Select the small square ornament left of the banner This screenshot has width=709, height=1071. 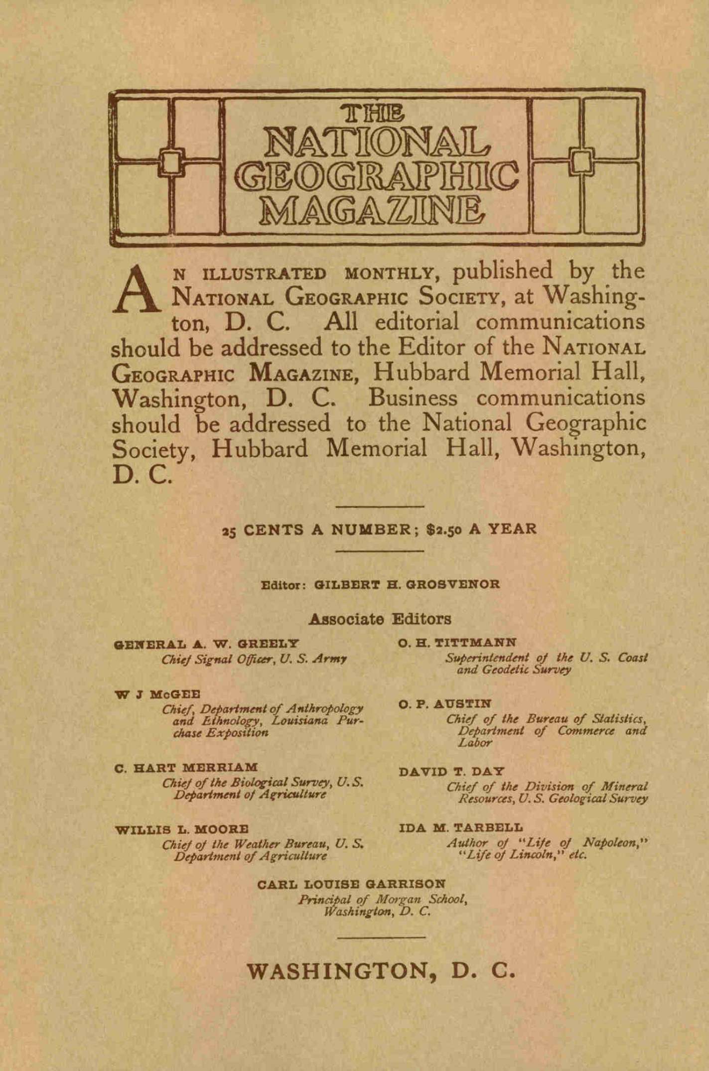click(x=171, y=160)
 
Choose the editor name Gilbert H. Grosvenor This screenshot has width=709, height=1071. click(x=407, y=584)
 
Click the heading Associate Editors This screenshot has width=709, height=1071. click(x=380, y=619)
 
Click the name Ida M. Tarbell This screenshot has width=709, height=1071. click(x=461, y=828)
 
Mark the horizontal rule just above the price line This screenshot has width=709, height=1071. click(x=380, y=507)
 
